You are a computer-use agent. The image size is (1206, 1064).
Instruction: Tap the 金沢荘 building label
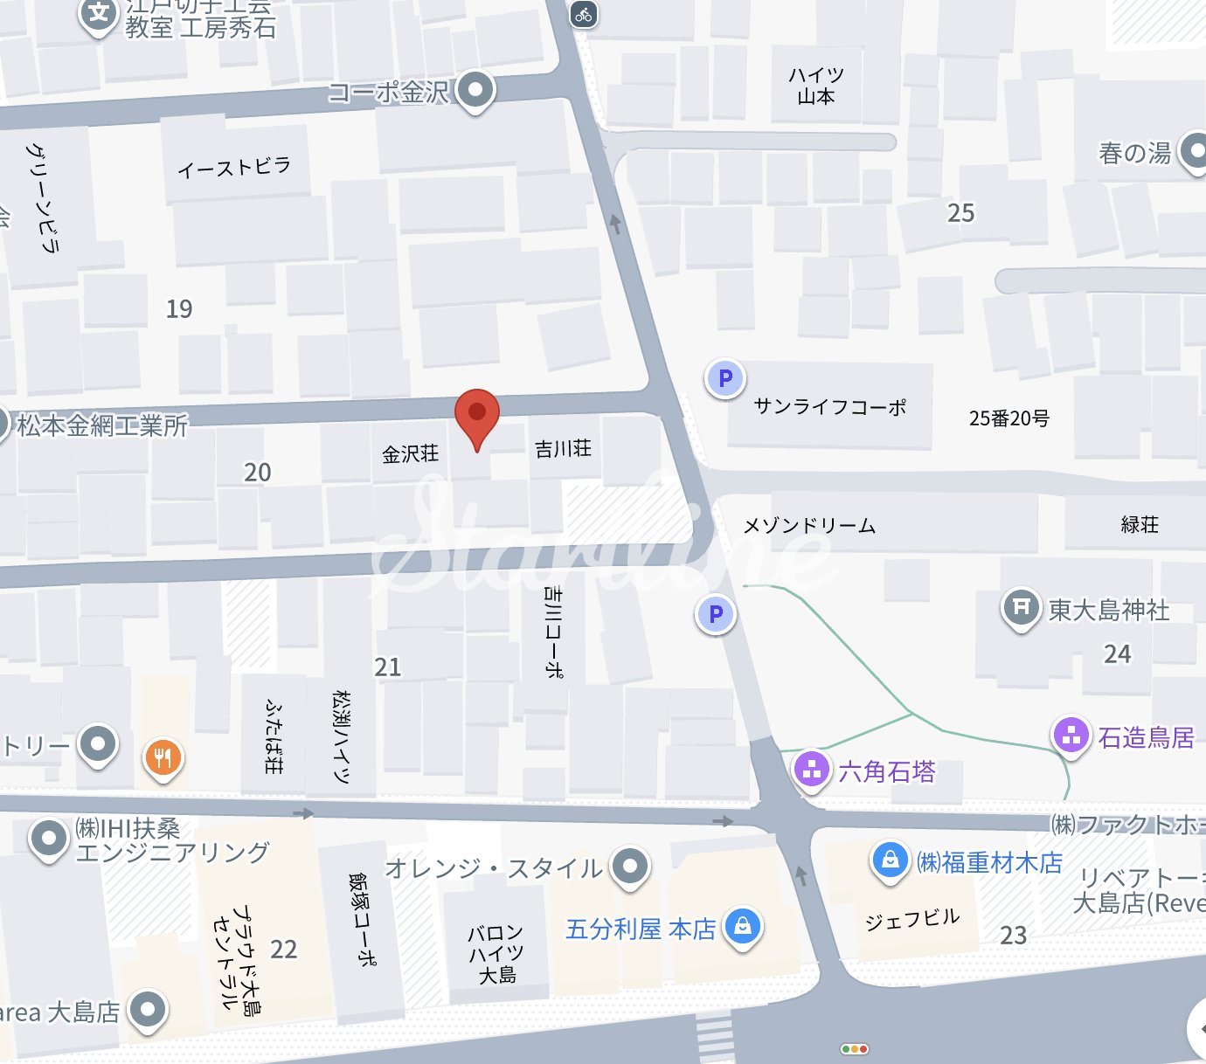410,453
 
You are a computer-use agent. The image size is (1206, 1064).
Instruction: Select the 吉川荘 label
563,449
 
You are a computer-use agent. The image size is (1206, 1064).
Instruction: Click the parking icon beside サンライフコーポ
724,378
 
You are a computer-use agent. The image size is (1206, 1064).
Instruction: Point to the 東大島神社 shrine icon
1021,606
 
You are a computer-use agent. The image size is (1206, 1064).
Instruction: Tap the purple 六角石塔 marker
812,770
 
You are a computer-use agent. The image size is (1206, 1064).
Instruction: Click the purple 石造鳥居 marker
1071,735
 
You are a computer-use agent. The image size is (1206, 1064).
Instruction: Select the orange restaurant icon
163,757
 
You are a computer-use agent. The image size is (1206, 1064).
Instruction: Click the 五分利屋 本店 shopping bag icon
742,925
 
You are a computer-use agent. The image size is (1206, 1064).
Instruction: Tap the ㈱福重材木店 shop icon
890,860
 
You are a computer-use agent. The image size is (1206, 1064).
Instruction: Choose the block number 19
179,308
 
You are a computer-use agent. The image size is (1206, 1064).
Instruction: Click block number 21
387,667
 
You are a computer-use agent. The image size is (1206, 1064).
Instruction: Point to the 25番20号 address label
1008,418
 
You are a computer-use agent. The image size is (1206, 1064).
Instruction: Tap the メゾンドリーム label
809,525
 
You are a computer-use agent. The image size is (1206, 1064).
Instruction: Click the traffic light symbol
854,1049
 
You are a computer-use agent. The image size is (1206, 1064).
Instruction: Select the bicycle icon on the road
584,14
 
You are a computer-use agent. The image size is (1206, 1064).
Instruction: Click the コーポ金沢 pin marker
475,89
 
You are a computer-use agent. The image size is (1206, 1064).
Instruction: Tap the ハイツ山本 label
816,86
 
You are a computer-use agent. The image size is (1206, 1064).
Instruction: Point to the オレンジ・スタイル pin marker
629,866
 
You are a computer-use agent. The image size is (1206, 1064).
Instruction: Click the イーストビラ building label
233,166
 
